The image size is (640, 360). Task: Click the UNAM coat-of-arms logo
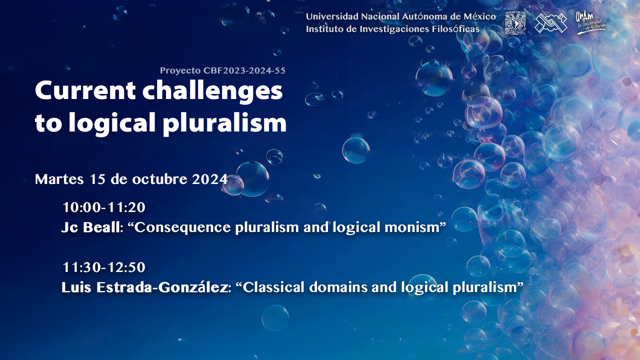(515, 23)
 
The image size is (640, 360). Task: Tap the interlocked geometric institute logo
(550, 23)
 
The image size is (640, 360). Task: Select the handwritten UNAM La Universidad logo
(590, 23)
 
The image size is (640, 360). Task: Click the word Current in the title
(85, 91)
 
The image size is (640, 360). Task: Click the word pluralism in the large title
(225, 123)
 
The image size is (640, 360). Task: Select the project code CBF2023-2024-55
(244, 70)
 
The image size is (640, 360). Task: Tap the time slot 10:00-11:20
(104, 207)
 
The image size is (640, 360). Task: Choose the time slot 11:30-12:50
(104, 267)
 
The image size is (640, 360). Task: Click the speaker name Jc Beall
(90, 227)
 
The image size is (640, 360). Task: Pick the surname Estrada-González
(162, 287)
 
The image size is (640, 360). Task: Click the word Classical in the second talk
(273, 287)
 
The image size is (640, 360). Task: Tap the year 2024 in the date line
(209, 179)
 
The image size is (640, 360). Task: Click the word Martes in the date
(59, 179)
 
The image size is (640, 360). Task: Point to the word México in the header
(479, 16)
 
